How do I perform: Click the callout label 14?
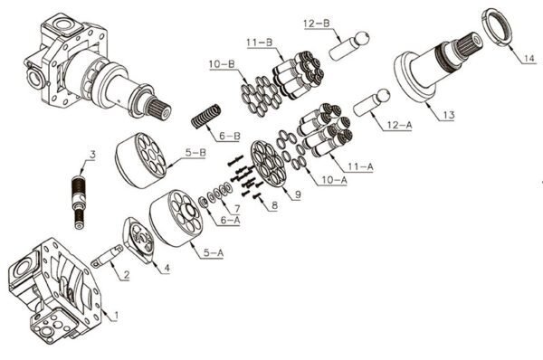529,58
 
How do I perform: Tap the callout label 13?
448,115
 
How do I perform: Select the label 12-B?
316,24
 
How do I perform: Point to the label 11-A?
360,166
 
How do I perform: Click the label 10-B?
222,64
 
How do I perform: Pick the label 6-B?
229,136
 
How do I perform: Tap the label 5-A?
213,253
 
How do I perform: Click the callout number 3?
92,155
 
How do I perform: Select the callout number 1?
116,316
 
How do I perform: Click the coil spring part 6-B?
206,116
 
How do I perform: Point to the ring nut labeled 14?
496,26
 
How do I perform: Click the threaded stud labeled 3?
78,202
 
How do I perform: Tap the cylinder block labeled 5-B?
140,160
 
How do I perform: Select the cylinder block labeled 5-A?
176,218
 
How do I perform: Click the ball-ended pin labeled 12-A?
371,103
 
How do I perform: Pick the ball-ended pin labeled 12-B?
348,46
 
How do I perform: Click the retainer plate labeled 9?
269,164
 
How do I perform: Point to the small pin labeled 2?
107,256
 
